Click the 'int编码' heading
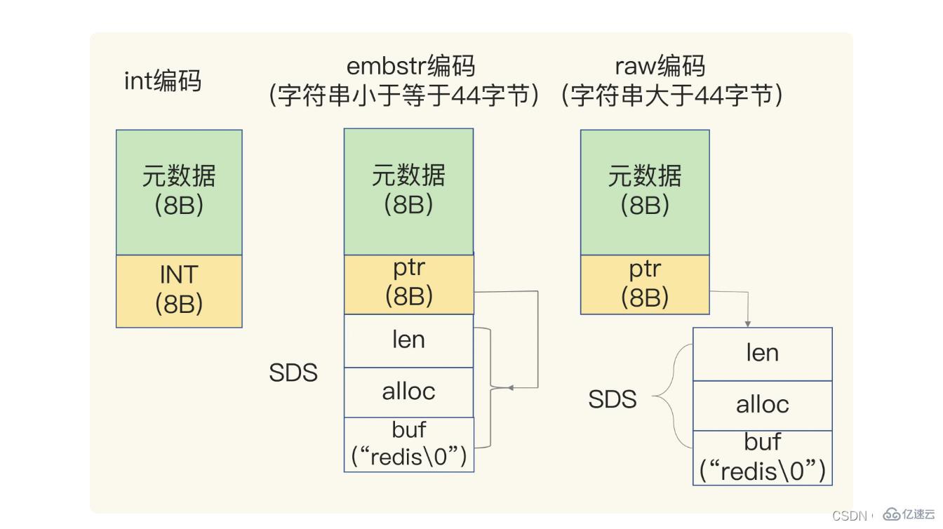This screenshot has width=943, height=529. (162, 81)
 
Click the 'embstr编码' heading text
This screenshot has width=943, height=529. (410, 65)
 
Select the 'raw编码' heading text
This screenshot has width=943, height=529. (659, 65)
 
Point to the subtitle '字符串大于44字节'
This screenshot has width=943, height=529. (671, 95)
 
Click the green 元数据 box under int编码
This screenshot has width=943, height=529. (179, 192)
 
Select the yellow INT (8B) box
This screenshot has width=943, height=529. (179, 290)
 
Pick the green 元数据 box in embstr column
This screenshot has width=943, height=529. (408, 191)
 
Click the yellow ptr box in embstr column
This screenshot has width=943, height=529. (408, 283)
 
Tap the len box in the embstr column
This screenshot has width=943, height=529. (408, 340)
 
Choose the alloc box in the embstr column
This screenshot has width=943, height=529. (408, 391)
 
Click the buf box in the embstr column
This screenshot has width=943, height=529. (408, 444)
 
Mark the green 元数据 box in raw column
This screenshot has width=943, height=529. (645, 191)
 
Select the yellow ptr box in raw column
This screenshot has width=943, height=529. (645, 283)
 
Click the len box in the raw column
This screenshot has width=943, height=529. (762, 354)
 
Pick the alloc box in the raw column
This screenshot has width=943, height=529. (762, 405)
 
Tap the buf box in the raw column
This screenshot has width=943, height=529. (762, 457)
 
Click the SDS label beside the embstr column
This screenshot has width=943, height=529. (293, 373)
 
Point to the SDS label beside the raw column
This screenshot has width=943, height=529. (612, 399)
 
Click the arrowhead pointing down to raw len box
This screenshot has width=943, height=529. (748, 323)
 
